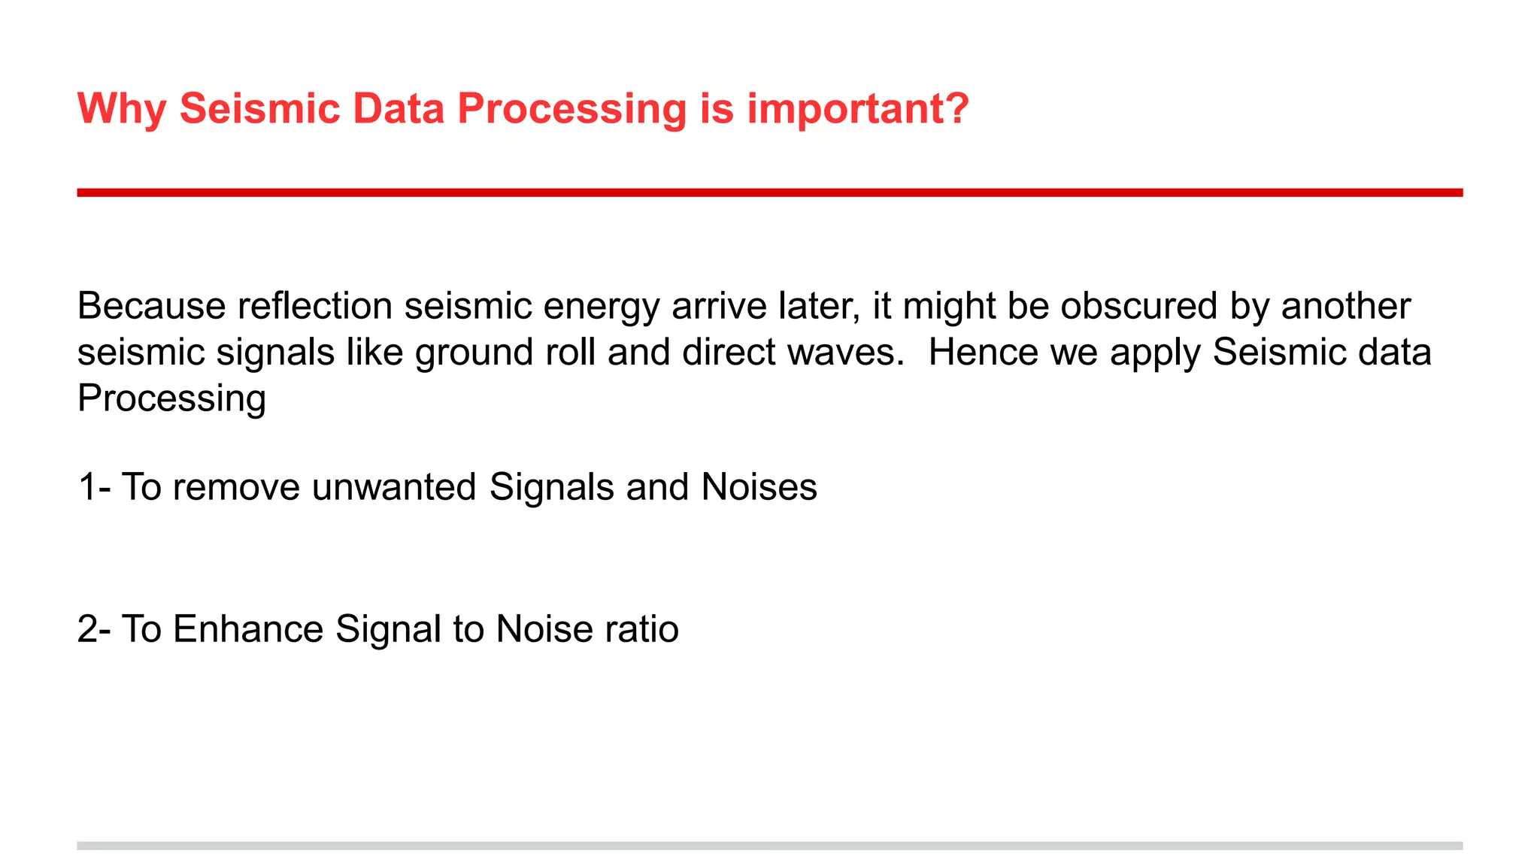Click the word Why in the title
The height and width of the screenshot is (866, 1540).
click(121, 109)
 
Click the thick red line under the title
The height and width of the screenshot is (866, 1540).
click(769, 192)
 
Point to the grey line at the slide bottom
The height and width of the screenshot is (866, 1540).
click(769, 846)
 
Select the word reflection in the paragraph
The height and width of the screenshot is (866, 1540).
click(315, 306)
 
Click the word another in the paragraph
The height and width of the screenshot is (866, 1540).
click(1345, 306)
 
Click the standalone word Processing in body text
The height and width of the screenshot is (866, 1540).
click(171, 399)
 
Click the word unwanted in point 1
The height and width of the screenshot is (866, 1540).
click(394, 487)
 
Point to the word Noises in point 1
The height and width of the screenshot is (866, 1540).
click(759, 487)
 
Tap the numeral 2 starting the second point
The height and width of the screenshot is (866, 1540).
click(87, 629)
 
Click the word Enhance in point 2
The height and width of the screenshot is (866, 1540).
click(248, 629)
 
